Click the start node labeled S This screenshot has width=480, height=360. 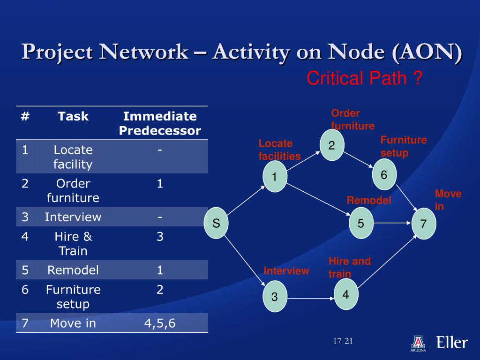[x=216, y=223]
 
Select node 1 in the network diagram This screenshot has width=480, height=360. [x=275, y=177]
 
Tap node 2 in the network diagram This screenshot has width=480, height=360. [x=331, y=146]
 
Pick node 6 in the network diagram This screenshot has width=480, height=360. [x=384, y=175]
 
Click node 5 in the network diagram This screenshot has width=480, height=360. [x=360, y=223]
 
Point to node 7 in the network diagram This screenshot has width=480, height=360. [x=424, y=224]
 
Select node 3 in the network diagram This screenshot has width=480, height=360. [x=275, y=297]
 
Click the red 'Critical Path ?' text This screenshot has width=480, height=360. [x=365, y=78]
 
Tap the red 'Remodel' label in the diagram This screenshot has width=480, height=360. [x=369, y=201]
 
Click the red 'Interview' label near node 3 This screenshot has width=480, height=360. [x=286, y=271]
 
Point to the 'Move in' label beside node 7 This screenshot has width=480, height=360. [x=448, y=200]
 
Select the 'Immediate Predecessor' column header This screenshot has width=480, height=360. [x=160, y=123]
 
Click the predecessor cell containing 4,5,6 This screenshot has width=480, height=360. [x=160, y=323]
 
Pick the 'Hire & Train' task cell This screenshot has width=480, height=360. [x=73, y=244]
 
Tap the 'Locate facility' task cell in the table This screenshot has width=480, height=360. [x=73, y=157]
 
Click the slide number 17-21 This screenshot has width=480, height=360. [x=343, y=341]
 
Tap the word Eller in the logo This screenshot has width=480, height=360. [x=452, y=342]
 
